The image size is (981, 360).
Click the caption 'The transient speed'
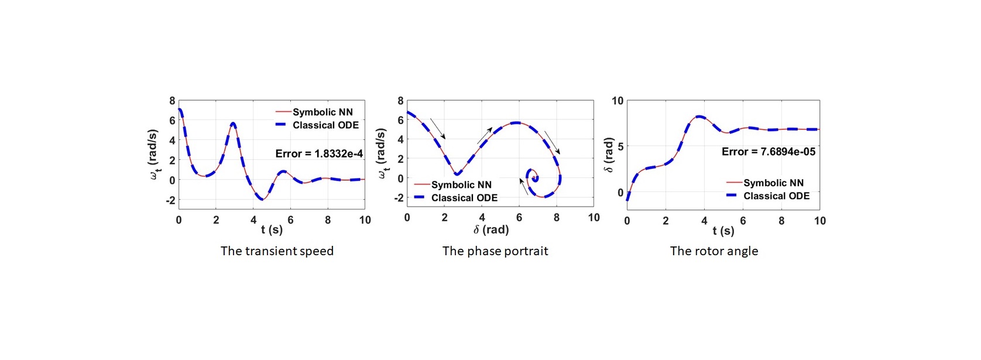tap(277, 251)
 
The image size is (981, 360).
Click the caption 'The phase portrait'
tap(495, 251)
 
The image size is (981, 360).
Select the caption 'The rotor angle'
tap(714, 251)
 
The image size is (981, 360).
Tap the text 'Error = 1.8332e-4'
tap(319, 154)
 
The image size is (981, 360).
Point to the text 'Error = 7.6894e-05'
tap(768, 152)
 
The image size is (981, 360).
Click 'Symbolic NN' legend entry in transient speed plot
tap(323, 112)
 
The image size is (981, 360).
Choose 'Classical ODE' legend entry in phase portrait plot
tap(464, 198)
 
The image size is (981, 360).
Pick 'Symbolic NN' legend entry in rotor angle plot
tap(773, 183)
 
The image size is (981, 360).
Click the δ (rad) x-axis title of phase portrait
tap(491, 230)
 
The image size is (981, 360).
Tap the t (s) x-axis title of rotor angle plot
tap(723, 231)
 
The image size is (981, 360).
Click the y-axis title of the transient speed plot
tap(154, 155)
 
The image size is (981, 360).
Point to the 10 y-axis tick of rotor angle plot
tap(618, 101)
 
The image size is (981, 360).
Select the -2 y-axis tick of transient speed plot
tap(170, 200)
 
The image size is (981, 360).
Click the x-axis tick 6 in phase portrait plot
tap(519, 218)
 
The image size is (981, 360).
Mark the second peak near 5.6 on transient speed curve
tap(233, 124)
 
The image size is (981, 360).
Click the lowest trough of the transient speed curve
tap(262, 200)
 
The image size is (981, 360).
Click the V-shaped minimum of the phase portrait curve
tap(457, 173)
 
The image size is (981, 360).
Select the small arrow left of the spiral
tap(523, 187)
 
